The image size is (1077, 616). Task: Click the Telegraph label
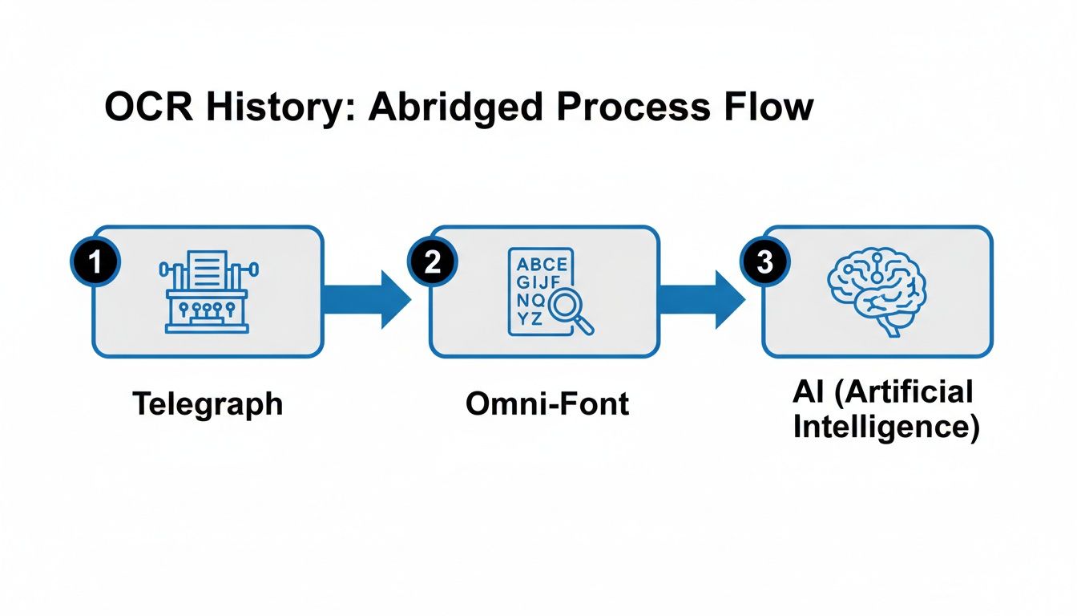tap(208, 403)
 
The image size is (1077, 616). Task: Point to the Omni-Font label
tap(547, 403)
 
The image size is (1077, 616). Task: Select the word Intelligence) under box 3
tap(885, 426)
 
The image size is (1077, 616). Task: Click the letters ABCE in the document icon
tap(542, 265)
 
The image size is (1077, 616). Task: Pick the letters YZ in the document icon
tap(530, 318)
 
